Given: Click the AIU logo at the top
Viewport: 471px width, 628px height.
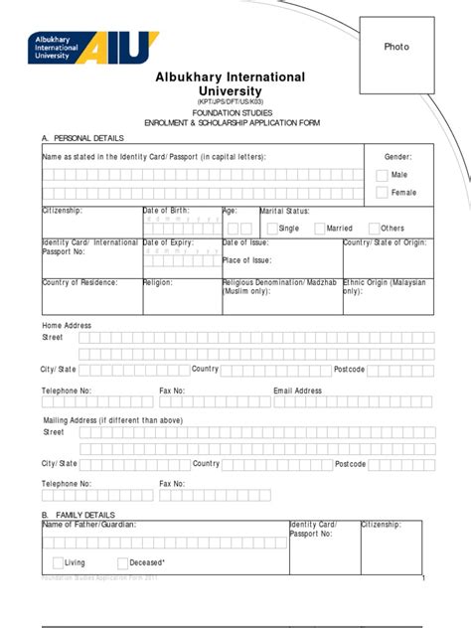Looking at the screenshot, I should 95,48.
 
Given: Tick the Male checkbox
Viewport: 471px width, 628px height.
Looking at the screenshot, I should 383,175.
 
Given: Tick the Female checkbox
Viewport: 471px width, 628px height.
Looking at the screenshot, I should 383,192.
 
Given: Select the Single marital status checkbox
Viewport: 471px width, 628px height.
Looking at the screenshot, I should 270,228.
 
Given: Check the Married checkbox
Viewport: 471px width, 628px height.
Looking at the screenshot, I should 319,228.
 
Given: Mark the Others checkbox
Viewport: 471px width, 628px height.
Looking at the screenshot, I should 373,228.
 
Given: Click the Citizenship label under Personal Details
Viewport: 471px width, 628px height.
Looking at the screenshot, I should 63,211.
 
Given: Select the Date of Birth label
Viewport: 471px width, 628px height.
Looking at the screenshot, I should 166,211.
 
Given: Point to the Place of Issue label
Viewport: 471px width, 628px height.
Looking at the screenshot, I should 246,260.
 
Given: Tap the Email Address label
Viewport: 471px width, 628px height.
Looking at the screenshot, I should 298,391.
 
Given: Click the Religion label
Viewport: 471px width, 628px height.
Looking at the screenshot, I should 159,282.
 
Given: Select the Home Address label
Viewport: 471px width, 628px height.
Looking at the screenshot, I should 66,325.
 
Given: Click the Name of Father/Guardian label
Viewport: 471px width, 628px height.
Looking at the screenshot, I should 89,524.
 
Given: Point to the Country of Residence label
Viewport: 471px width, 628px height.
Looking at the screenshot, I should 79,282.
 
